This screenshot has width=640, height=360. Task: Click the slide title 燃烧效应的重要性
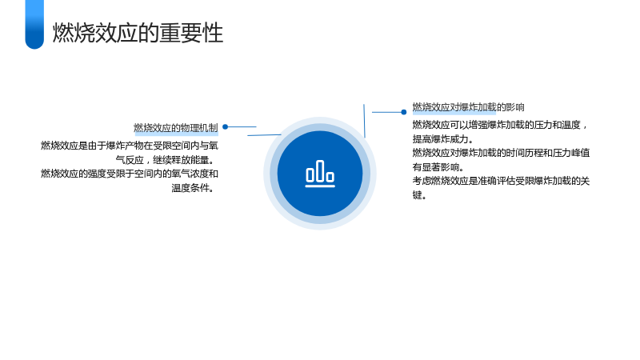click(138, 33)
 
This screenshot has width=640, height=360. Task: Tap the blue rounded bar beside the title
click(34, 25)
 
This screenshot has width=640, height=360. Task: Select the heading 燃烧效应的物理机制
click(176, 128)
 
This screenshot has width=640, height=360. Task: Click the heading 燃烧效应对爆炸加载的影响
click(468, 107)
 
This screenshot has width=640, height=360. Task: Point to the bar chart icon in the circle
click(320, 174)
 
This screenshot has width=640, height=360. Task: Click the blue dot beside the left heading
click(225, 127)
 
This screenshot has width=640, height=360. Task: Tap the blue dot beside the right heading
click(404, 112)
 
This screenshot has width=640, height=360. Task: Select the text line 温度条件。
click(193, 188)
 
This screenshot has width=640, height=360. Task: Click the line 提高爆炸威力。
click(442, 139)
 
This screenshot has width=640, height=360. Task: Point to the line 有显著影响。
click(438, 167)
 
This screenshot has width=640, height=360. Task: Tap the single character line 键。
click(419, 195)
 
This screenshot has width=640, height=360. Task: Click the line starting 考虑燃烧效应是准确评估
click(501, 182)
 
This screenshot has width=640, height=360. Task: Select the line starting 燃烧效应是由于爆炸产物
click(130, 146)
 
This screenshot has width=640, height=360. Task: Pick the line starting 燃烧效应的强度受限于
click(130, 174)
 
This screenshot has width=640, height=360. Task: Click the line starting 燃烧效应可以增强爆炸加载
click(499, 125)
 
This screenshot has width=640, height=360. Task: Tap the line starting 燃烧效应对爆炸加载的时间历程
click(501, 153)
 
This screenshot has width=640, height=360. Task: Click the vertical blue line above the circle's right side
click(364, 121)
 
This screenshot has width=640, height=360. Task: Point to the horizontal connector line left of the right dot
click(386, 112)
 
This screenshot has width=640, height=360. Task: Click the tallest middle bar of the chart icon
click(320, 170)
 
